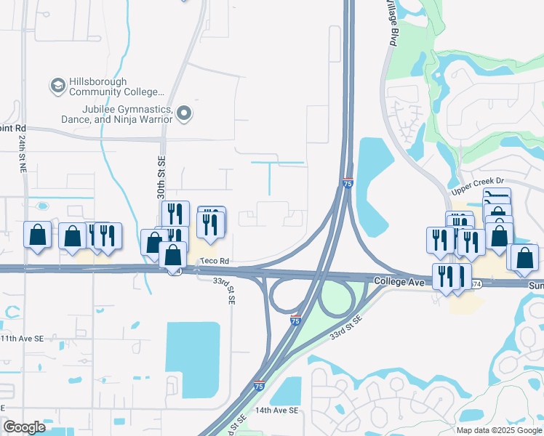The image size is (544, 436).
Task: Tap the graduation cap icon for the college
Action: click(x=57, y=86)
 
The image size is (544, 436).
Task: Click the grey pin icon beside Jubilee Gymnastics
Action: click(x=184, y=113)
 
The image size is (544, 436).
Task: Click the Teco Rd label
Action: click(x=215, y=261)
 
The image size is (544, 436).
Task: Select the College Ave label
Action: click(x=399, y=280)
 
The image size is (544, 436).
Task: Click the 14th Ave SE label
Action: click(x=276, y=411)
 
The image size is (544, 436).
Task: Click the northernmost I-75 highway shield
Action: click(x=348, y=185)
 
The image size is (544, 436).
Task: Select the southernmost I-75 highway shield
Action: click(x=259, y=387)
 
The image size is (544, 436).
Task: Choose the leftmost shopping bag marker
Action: click(x=37, y=235)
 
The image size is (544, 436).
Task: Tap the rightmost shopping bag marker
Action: click(x=524, y=259)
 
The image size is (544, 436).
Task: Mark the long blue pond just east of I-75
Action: click(x=375, y=185)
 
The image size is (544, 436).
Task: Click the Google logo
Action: click(x=25, y=427)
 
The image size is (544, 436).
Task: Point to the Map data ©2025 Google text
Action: click(x=498, y=430)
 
